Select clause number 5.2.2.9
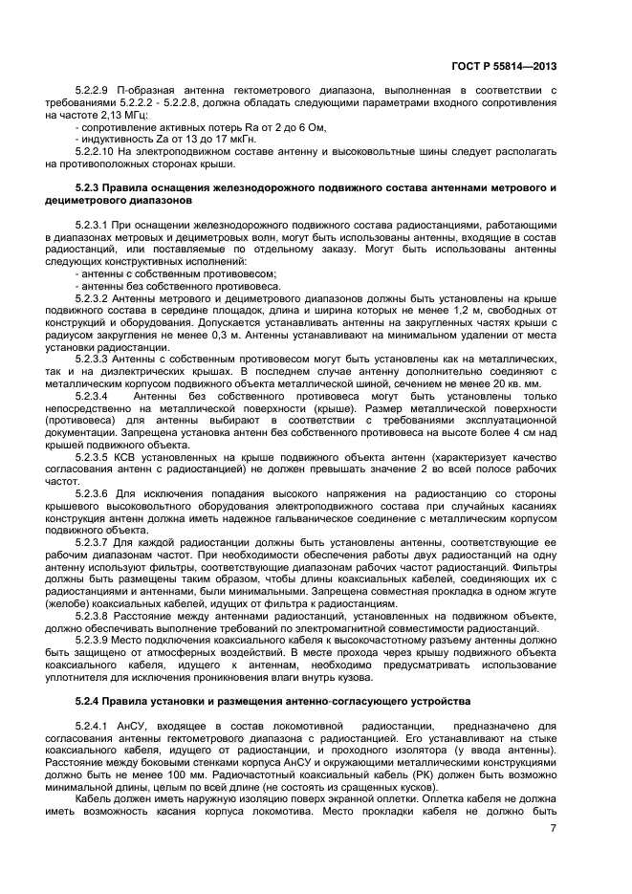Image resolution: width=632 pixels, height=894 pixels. tap(97, 91)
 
